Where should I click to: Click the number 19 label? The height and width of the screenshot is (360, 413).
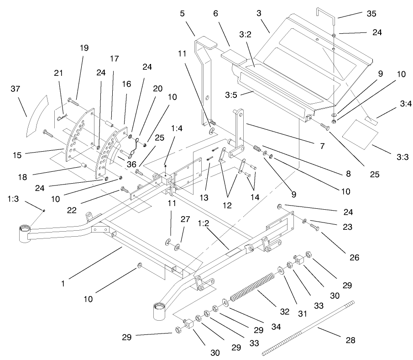tap(84, 48)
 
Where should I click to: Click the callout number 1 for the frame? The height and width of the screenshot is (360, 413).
tap(63, 283)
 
